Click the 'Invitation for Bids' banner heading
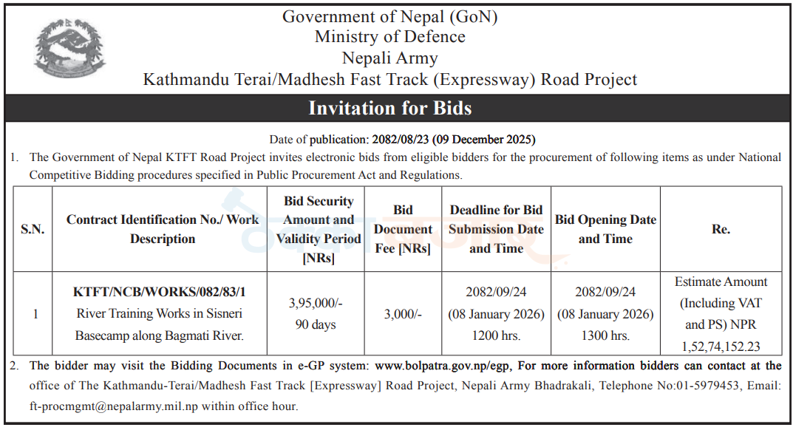pos(389,109)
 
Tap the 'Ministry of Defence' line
pos(389,36)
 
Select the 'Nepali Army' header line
pos(389,58)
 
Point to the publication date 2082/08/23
pos(400,139)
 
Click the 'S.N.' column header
pos(33,229)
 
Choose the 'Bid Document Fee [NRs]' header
pos(403,229)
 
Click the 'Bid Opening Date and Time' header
pos(605,229)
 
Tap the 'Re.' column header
pos(721,229)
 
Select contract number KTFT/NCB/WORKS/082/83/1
pos(159,293)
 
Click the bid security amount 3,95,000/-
pos(316,304)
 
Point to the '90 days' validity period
pos(316,324)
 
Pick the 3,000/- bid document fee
pos(403,314)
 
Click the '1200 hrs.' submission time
pos(495,335)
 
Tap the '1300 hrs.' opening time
pos(605,335)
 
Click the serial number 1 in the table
pos(35,314)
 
